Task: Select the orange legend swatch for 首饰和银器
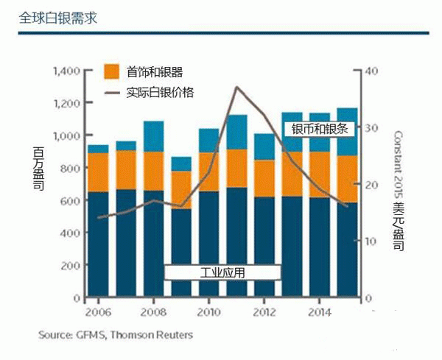[110, 71]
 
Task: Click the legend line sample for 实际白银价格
[110, 93]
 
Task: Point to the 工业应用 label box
[222, 272]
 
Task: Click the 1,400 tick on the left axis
[66, 71]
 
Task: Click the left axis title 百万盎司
[38, 169]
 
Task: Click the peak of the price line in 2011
[236, 87]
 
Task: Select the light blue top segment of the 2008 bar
[153, 136]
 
